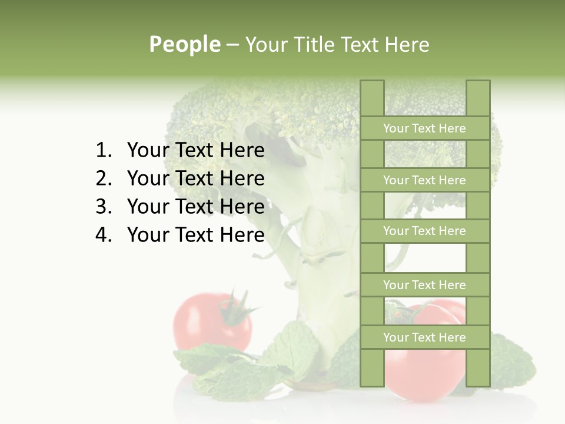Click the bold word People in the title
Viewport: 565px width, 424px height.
[x=185, y=44]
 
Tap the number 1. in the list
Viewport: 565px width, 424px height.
[x=103, y=151]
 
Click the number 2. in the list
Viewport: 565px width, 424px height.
[x=103, y=178]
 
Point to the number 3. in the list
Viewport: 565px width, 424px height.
[x=103, y=207]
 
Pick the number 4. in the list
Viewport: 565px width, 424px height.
[x=103, y=235]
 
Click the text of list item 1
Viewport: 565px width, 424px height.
[x=195, y=151]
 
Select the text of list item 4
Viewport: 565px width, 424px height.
[x=195, y=235]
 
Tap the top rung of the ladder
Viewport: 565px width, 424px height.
[x=424, y=128]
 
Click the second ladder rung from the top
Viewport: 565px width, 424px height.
[x=424, y=180]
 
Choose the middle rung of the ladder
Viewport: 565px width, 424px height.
[x=424, y=231]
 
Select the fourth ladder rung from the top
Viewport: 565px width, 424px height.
[x=424, y=285]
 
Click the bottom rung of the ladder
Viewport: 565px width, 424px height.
[x=424, y=337]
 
